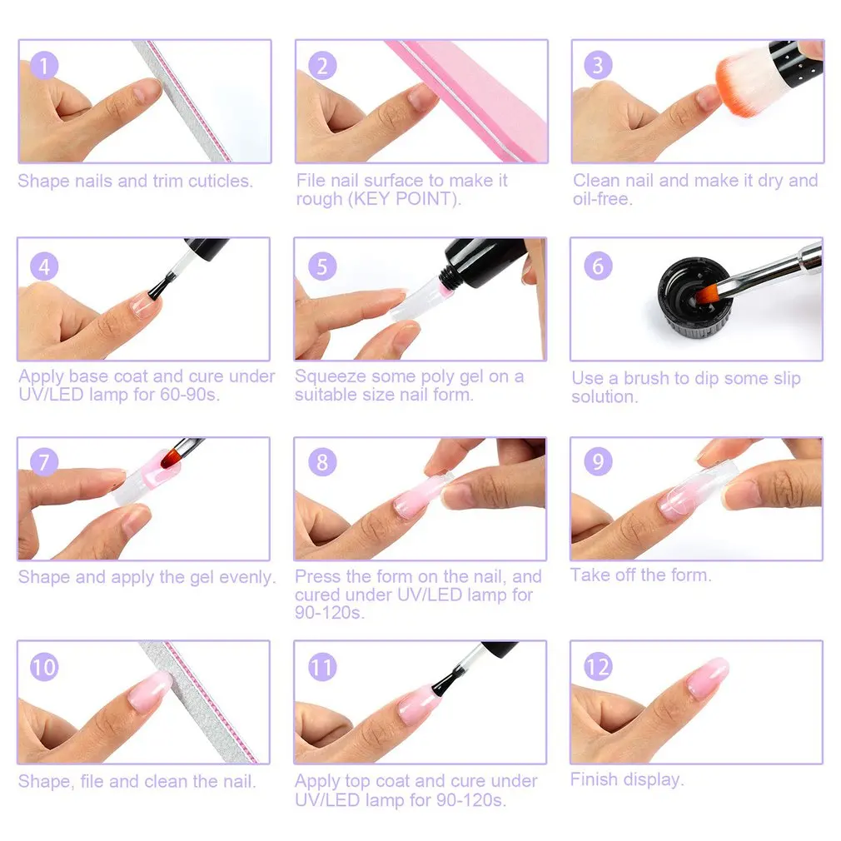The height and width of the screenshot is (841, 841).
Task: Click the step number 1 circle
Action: pyautogui.click(x=43, y=66)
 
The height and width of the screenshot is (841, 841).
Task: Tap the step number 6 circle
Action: pyautogui.click(x=598, y=266)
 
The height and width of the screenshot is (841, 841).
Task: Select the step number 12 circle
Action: pyautogui.click(x=598, y=667)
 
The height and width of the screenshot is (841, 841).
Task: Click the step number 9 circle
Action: pyautogui.click(x=598, y=461)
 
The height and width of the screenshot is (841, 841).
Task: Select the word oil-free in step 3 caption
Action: pyautogui.click(x=602, y=199)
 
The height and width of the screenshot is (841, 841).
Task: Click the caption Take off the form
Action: pyautogui.click(x=640, y=575)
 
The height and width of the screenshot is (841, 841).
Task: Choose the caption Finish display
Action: pyautogui.click(x=626, y=779)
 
